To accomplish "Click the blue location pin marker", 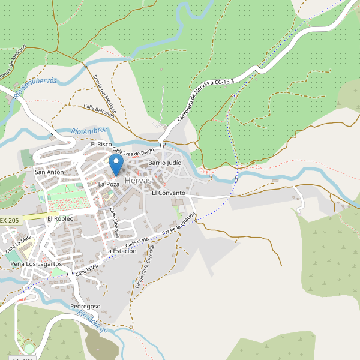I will tap(116, 164).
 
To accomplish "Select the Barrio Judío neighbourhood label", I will tap(164, 163).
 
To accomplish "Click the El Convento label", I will tap(169, 193).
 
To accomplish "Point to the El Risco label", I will tap(101, 145).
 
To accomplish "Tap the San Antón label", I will tap(49, 172).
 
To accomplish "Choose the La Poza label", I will tap(109, 184).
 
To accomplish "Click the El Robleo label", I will tap(60, 219).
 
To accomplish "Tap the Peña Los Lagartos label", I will tap(36, 264).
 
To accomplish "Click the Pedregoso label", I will tap(85, 307).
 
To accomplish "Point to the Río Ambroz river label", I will tap(89, 131).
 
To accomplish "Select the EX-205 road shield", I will tap(10, 220).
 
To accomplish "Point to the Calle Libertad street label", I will tap(114, 222).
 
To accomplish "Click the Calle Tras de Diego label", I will tap(133, 150).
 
